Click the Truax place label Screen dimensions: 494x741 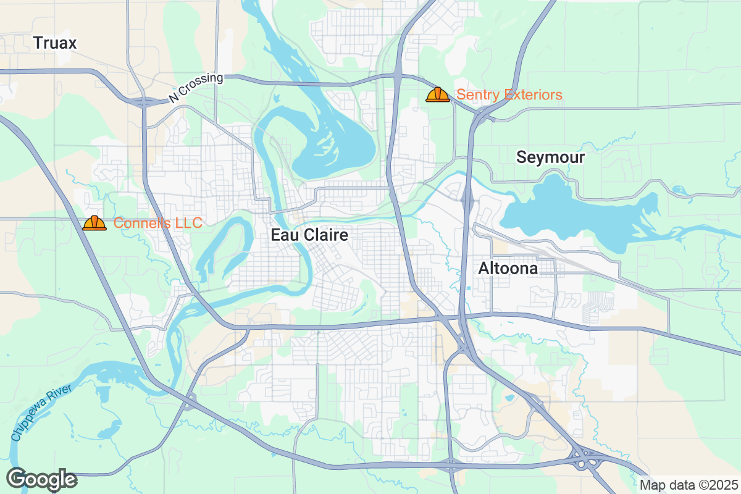(55, 43)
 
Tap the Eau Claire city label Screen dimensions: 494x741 (309, 235)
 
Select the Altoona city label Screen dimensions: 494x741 (508, 269)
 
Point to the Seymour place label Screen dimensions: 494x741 (550, 157)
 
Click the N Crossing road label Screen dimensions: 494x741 (195, 88)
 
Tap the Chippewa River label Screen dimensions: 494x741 (41, 412)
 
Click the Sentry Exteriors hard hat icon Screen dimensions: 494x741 (437, 94)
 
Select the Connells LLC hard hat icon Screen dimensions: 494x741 (94, 223)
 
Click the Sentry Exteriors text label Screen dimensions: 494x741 (509, 94)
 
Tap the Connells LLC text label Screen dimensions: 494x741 (158, 223)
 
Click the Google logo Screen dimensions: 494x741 (41, 479)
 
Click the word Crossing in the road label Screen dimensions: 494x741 (203, 85)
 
